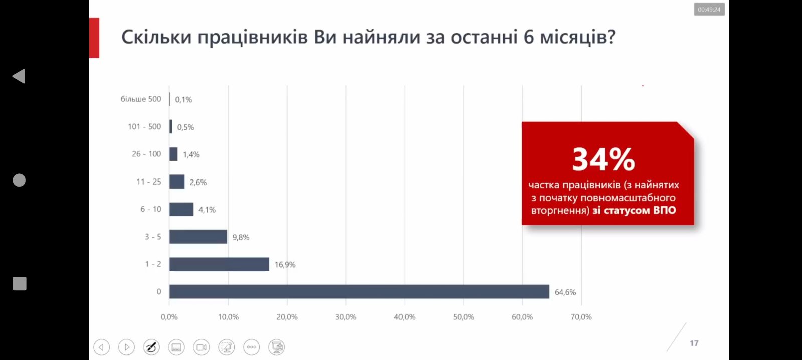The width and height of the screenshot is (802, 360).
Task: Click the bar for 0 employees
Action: [359, 292]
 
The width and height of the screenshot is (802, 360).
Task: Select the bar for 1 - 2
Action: [219, 264]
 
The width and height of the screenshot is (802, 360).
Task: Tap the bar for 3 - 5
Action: [198, 237]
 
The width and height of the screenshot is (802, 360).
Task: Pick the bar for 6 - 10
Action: [181, 209]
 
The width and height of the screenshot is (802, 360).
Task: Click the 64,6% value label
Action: [565, 292]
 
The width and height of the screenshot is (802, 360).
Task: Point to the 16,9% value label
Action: [285, 265]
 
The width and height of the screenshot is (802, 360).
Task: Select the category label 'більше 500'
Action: [141, 99]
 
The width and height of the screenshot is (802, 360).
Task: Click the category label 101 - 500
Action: [144, 127]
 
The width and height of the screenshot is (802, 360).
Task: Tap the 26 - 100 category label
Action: [146, 154]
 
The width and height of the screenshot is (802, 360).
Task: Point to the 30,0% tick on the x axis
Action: [346, 317]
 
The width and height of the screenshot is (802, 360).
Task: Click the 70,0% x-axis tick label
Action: [581, 317]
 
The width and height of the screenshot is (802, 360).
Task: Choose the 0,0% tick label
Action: [169, 317]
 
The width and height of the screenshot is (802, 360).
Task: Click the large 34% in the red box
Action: [604, 160]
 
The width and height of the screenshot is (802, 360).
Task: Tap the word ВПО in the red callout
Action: [664, 210]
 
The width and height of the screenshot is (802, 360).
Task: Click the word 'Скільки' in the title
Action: [156, 37]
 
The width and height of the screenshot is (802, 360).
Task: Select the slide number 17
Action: [694, 343]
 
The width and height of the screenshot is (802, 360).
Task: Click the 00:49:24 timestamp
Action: [709, 10]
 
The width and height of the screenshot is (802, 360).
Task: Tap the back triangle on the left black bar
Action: [19, 76]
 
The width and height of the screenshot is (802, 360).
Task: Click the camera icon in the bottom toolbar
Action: [202, 347]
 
